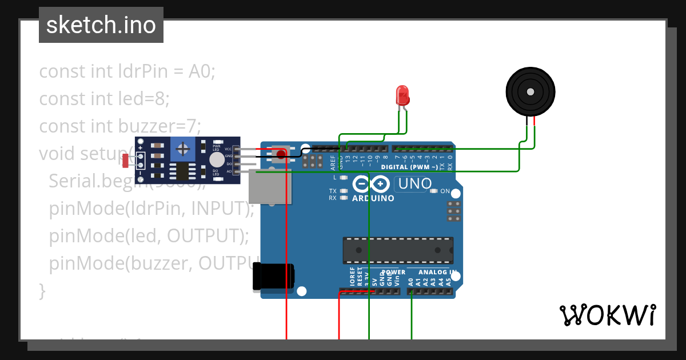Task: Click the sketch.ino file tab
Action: pyautogui.click(x=101, y=25)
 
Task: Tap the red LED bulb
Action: pyautogui.click(x=402, y=94)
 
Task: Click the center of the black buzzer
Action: pyautogui.click(x=531, y=91)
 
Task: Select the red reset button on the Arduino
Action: pyautogui.click(x=281, y=154)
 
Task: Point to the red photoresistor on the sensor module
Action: pyautogui.click(x=126, y=161)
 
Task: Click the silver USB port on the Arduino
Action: pyautogui.click(x=270, y=186)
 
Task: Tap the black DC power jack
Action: pyautogui.click(x=273, y=278)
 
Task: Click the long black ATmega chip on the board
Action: pyautogui.click(x=398, y=250)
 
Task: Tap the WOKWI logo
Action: pyautogui.click(x=607, y=315)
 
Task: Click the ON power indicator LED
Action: pyautogui.click(x=434, y=191)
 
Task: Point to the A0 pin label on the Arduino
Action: pyautogui.click(x=410, y=282)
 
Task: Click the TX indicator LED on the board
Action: pyautogui.click(x=343, y=191)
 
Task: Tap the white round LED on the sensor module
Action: pyautogui.click(x=217, y=160)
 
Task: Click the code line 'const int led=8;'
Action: pyautogui.click(x=104, y=99)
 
